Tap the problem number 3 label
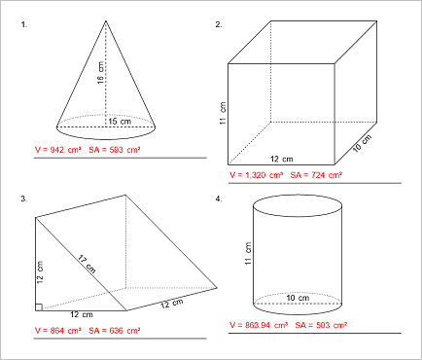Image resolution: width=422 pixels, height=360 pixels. pos(22,198)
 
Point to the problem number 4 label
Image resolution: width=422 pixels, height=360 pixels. pos(219,198)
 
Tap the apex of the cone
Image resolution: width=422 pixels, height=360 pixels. pos(105,20)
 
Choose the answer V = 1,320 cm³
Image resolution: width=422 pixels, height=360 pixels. pos(257,175)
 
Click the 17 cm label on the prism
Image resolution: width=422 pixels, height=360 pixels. pos(86,264)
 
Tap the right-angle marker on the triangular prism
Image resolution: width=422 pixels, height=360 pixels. pos(38,307)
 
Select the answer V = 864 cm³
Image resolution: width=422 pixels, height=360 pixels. pos(57,331)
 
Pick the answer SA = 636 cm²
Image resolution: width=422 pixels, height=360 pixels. pos(115,331)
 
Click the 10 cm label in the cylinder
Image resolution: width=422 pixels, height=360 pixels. pos(297,298)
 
